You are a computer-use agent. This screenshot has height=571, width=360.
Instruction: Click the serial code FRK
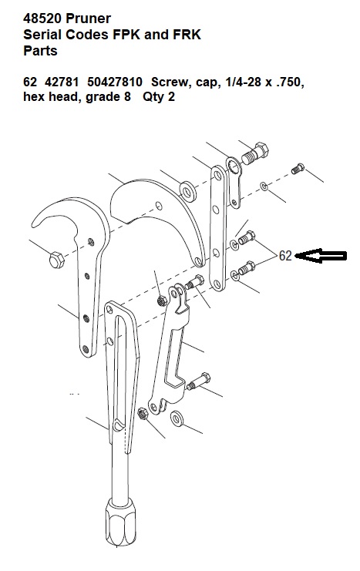pyautogui.click(x=186, y=35)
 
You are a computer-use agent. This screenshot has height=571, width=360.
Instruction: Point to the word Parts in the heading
pyautogui.click(x=40, y=51)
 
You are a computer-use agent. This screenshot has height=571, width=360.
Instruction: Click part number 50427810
pyautogui.click(x=115, y=82)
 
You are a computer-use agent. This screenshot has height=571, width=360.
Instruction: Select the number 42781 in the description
pyautogui.click(x=62, y=82)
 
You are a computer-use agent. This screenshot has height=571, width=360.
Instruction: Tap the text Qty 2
pyautogui.click(x=159, y=97)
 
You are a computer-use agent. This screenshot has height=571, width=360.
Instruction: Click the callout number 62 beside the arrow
pyautogui.click(x=285, y=256)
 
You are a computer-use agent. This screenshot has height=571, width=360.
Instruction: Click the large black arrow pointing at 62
pyautogui.click(x=321, y=256)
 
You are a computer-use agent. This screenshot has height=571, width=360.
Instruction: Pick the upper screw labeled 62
pyautogui.click(x=247, y=238)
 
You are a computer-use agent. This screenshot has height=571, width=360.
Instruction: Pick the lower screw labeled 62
pyautogui.click(x=247, y=268)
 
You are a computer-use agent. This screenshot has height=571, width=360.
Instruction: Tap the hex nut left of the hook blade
pyautogui.click(x=56, y=260)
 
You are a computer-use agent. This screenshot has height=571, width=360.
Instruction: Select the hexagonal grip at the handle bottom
pyautogui.click(x=120, y=523)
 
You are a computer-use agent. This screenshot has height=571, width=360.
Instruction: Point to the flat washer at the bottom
pyautogui.click(x=177, y=418)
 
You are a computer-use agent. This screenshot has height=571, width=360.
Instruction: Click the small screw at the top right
pyautogui.click(x=298, y=169)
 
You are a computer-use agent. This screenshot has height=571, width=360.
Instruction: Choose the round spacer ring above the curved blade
pyautogui.click(x=188, y=190)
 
